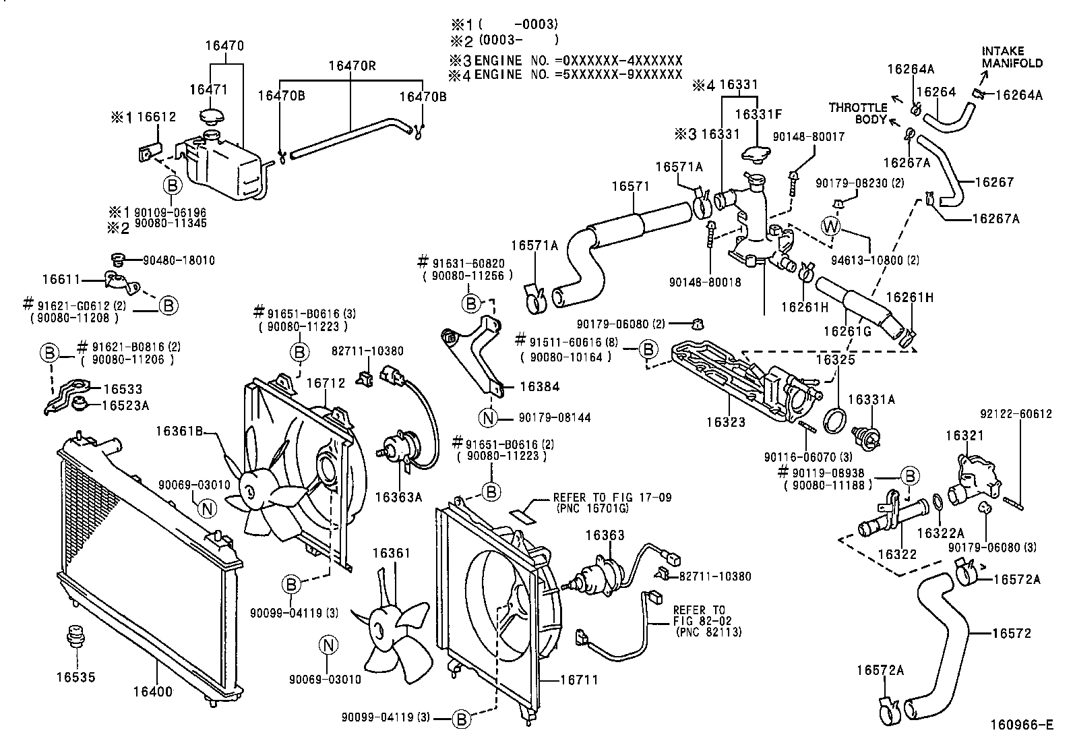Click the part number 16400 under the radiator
153,692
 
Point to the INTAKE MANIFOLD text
1012,57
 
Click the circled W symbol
830,227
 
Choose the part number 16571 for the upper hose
630,186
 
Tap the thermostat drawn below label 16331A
865,436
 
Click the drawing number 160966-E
1022,725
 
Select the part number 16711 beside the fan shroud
579,680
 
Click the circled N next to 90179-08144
488,419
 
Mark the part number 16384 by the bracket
540,386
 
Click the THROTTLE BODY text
858,113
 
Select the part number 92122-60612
1016,413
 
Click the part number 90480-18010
179,260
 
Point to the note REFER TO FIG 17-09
612,498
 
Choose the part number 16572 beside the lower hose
1012,633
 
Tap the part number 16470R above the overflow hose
352,65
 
